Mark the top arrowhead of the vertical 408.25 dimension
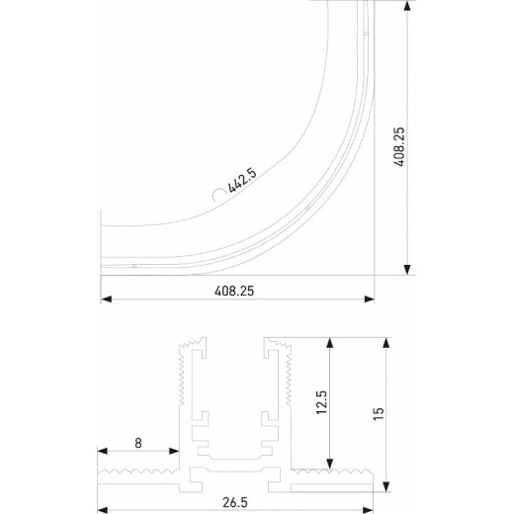pos(406,6)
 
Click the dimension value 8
pos(137,444)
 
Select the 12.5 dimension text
pos(321,405)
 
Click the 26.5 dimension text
pos(235,502)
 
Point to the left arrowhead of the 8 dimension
pos(102,456)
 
